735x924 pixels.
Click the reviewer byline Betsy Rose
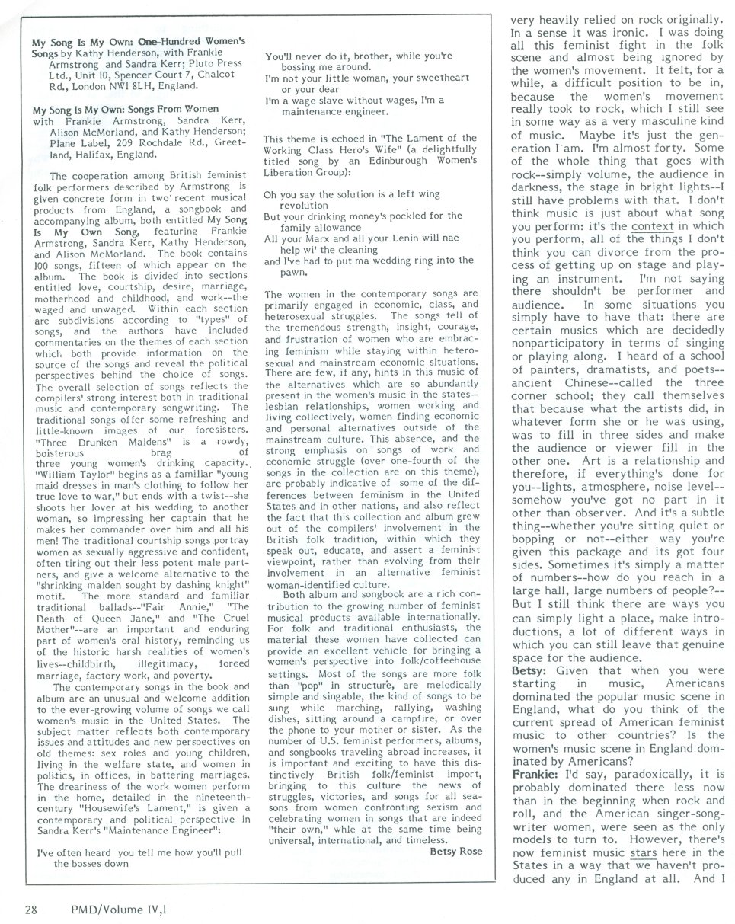pos(455,851)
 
